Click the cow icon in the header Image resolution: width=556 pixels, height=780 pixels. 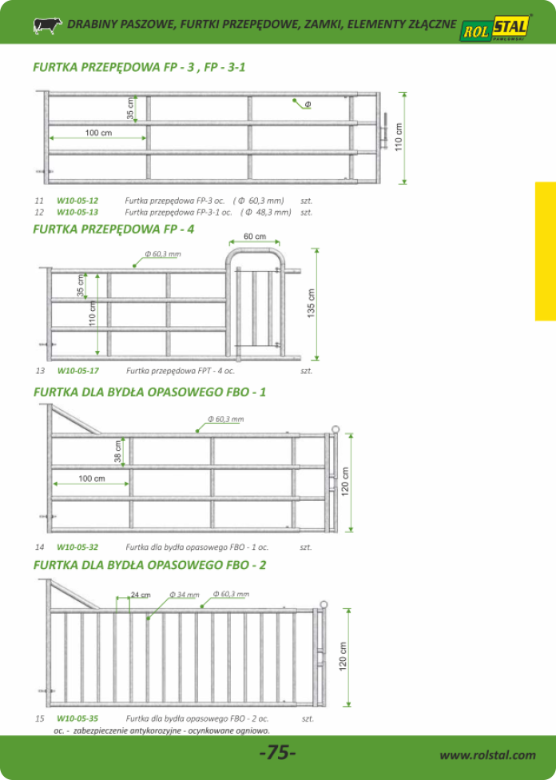[47, 25]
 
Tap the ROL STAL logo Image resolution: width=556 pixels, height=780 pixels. [494, 31]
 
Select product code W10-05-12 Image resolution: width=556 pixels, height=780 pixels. [77, 201]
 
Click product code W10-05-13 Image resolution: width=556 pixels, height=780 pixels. [77, 213]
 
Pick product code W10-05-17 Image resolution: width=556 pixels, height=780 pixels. [78, 371]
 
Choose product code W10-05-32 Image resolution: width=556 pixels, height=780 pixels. [77, 547]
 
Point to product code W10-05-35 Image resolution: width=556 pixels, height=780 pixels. [77, 718]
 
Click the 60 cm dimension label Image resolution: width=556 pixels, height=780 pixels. [254, 237]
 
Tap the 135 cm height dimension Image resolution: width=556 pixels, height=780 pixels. [312, 304]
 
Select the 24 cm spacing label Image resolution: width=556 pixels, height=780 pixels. [141, 595]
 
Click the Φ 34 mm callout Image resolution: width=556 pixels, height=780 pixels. [185, 595]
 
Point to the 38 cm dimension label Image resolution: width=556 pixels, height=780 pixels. [118, 452]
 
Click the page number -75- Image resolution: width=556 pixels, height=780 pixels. [278, 753]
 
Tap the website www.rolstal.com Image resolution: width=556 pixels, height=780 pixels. [488, 755]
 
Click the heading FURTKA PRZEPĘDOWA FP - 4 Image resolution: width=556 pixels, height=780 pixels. [113, 229]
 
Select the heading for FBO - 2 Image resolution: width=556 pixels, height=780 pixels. [149, 565]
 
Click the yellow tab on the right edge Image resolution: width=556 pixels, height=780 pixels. [546, 251]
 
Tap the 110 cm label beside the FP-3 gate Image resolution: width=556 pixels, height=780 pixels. [399, 138]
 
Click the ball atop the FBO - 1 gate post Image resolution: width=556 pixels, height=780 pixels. [335, 429]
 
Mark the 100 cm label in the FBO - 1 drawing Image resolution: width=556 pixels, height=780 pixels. [92, 479]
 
